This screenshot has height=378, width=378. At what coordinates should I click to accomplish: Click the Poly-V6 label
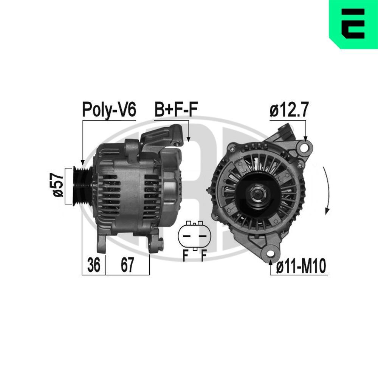point(109,110)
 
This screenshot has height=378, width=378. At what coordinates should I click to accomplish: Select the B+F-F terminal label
point(176,110)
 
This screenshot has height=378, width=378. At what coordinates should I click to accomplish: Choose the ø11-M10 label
point(301,267)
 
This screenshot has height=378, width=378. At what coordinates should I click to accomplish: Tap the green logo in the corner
point(353,24)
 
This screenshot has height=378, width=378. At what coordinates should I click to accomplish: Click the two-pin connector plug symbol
point(194,236)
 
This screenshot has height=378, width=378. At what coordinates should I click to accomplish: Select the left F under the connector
point(185,256)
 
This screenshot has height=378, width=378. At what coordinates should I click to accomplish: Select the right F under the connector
point(203,256)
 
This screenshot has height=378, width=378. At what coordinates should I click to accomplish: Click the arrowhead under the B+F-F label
point(188,139)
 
